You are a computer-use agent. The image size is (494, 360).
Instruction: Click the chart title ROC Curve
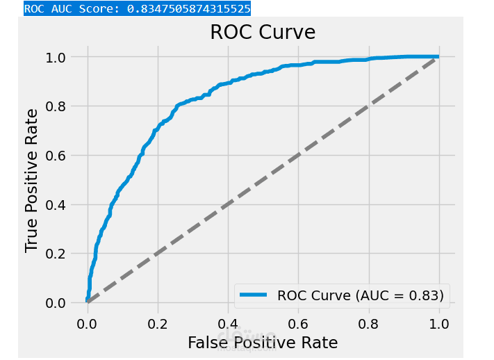click(263, 33)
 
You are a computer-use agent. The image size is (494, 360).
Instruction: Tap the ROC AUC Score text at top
click(137, 9)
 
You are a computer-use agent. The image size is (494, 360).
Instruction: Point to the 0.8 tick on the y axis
click(59, 106)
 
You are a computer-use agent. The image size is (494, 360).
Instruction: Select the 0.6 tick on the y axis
click(59, 155)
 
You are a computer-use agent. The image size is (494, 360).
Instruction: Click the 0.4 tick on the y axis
click(59, 204)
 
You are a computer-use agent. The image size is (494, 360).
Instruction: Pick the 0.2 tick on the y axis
click(59, 254)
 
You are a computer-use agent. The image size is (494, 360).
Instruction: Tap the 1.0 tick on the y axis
click(59, 57)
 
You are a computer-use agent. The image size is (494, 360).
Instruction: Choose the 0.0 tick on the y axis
click(59, 303)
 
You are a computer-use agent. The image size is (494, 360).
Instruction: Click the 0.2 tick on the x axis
click(157, 322)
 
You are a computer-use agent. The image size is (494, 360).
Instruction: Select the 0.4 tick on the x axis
click(227, 322)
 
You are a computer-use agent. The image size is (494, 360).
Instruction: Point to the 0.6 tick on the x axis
click(298, 322)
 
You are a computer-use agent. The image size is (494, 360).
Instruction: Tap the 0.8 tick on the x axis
click(368, 322)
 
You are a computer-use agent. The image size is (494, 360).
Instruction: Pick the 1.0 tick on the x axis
click(438, 322)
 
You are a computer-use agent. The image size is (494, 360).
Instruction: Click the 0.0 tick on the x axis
click(87, 322)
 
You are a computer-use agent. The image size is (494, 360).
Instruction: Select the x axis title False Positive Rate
click(263, 342)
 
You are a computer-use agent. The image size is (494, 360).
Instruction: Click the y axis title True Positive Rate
click(32, 180)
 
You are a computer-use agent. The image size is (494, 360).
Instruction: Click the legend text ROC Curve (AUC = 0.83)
click(360, 295)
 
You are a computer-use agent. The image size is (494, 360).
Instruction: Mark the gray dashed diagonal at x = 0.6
click(298, 155)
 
